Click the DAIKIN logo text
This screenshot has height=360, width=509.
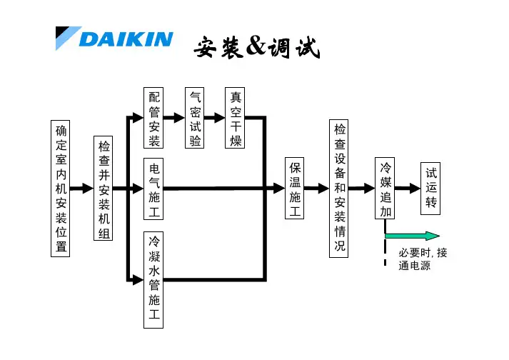coord(126,39)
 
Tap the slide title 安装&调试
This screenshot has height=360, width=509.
coord(256,49)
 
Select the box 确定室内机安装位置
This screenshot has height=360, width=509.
coord(61,189)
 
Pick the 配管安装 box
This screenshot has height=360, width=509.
coord(154,118)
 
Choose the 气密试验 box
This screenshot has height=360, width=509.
coord(194,118)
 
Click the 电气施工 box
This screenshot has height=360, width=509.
coord(154,189)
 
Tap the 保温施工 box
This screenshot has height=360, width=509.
coord(295,189)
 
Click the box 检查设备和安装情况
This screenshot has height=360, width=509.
coord(340,189)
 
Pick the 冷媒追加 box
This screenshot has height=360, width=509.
coord(385,189)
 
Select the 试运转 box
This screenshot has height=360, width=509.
coord(430,189)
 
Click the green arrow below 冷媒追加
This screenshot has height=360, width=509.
coord(412,236)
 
